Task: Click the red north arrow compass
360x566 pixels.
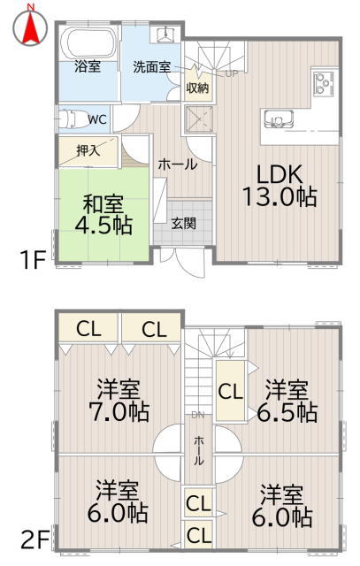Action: [x=30, y=27]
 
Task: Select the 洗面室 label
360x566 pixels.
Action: [x=151, y=67]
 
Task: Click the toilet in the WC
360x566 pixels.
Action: [x=72, y=119]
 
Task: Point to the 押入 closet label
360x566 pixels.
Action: [x=88, y=150]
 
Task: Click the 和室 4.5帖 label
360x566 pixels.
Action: [x=103, y=215]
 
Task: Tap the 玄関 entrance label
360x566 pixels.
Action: [x=183, y=224]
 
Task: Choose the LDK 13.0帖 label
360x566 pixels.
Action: [x=280, y=186]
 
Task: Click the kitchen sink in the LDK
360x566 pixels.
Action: [x=279, y=119]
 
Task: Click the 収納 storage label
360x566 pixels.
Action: [x=197, y=88]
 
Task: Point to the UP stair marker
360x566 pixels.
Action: [x=232, y=73]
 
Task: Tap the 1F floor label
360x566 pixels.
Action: [x=33, y=260]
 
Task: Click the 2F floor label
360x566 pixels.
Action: [x=35, y=540]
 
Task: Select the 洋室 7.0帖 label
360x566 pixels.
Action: [x=119, y=401]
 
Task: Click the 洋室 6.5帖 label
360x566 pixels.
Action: [x=287, y=401]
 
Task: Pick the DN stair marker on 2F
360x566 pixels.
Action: [x=198, y=415]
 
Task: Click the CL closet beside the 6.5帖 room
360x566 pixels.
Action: [x=230, y=391]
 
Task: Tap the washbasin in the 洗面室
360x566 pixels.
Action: [x=166, y=34]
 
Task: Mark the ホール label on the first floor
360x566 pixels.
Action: [x=178, y=164]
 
